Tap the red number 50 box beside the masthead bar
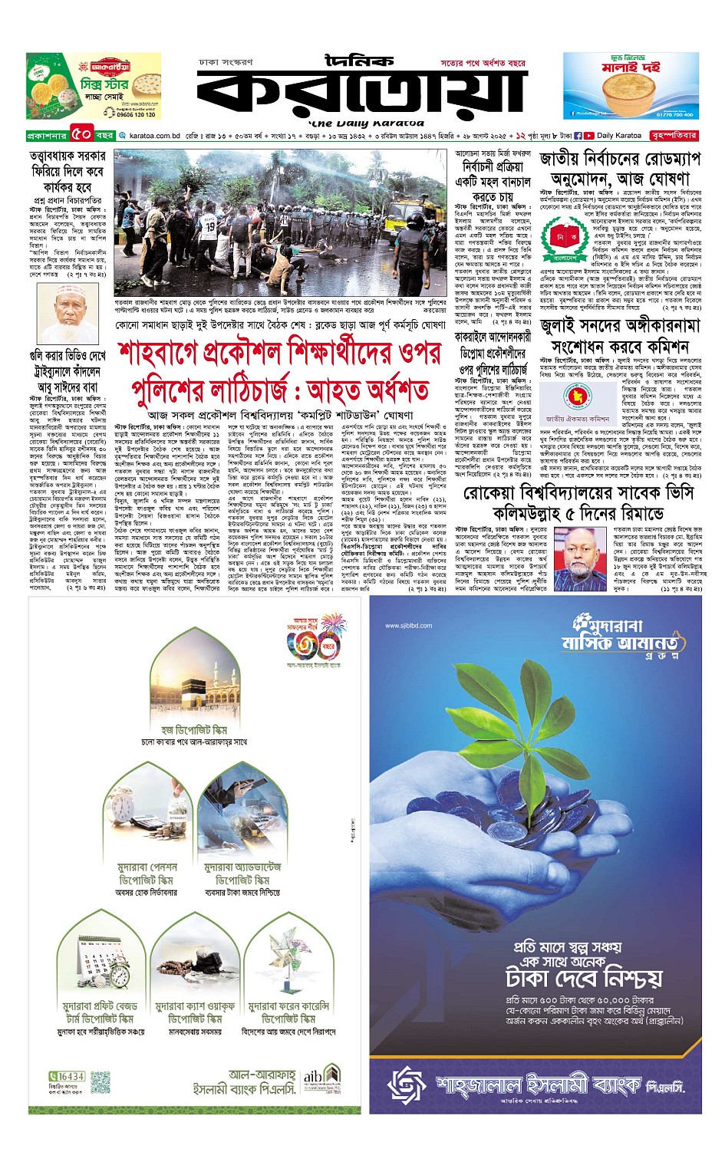tap(82, 136)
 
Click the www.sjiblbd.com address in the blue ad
tap(408, 625)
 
